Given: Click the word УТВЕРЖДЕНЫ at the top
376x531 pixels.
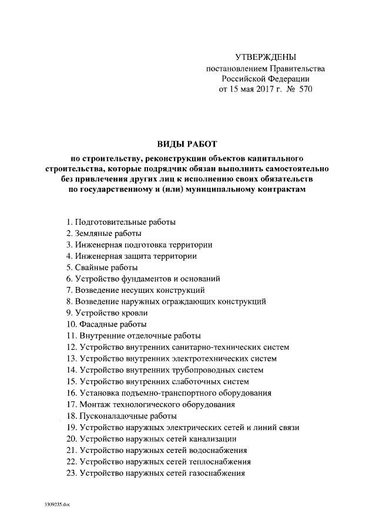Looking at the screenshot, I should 266,58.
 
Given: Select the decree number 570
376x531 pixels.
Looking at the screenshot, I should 305,90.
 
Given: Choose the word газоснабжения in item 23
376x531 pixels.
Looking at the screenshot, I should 217,472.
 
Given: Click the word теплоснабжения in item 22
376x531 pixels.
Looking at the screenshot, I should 219,461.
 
